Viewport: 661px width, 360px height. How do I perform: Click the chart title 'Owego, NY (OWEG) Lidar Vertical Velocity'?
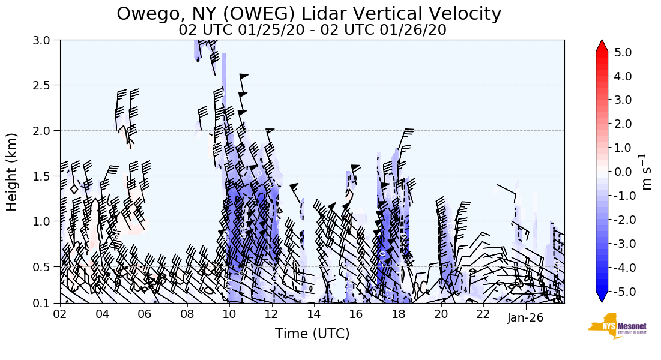[309, 13]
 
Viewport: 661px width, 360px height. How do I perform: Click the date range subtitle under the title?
[312, 30]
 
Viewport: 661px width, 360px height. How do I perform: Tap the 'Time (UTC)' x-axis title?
[312, 334]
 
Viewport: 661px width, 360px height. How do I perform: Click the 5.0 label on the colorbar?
[623, 52]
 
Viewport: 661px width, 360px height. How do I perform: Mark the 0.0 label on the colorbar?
[623, 172]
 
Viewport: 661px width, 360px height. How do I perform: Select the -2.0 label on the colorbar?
[621, 220]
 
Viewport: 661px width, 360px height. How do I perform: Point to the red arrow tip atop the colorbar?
[602, 44]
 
